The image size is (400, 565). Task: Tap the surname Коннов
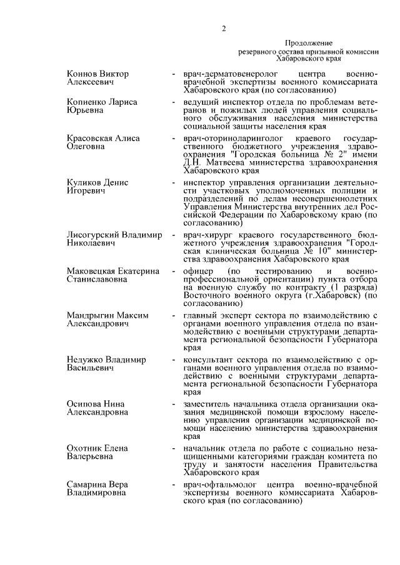pyautogui.click(x=81, y=74)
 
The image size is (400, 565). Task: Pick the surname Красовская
pyautogui.click(x=91, y=138)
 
